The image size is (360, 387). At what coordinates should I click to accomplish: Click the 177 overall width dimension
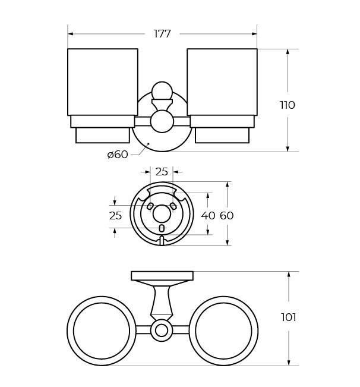pyautogui.click(x=162, y=34)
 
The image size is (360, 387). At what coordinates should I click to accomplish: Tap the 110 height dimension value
pyautogui.click(x=288, y=105)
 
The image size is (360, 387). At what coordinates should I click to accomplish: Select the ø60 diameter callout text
pyautogui.click(x=118, y=155)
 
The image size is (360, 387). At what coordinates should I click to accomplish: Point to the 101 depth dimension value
pyautogui.click(x=289, y=317)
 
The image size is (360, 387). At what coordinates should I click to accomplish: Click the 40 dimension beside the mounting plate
pyautogui.click(x=208, y=216)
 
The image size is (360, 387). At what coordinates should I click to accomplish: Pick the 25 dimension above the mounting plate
pyautogui.click(x=162, y=172)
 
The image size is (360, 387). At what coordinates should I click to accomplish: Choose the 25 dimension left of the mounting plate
pyautogui.click(x=115, y=216)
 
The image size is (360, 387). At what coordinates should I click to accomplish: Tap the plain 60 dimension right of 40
pyautogui.click(x=227, y=216)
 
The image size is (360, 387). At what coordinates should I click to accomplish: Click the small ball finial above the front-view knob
pyautogui.click(x=162, y=91)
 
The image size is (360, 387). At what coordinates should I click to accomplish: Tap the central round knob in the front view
pyautogui.click(x=162, y=121)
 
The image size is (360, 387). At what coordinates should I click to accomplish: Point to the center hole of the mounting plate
pyautogui.click(x=162, y=213)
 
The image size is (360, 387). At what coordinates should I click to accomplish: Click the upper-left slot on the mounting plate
pyautogui.click(x=150, y=206)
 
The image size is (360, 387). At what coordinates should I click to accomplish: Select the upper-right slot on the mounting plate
pyautogui.click(x=173, y=206)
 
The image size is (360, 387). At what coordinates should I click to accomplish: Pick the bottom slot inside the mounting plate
pyautogui.click(x=162, y=228)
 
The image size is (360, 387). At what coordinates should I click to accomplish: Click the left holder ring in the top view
pyautogui.click(x=102, y=331)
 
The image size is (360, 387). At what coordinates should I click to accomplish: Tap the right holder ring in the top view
pyautogui.click(x=223, y=331)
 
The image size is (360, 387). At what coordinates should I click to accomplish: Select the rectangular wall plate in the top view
pyautogui.click(x=162, y=275)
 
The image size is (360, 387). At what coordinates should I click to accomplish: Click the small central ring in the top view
pyautogui.click(x=162, y=331)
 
